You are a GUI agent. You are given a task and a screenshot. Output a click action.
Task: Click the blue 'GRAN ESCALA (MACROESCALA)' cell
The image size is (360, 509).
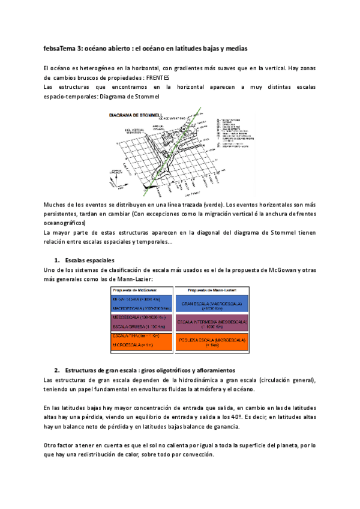(212, 304)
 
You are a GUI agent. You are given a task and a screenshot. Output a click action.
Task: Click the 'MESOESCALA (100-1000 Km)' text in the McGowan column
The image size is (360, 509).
(135, 316)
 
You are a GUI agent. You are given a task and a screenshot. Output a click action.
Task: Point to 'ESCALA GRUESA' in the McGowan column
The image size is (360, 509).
(126, 327)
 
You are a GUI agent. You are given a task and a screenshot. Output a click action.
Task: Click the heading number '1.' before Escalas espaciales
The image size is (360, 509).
(57, 261)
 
